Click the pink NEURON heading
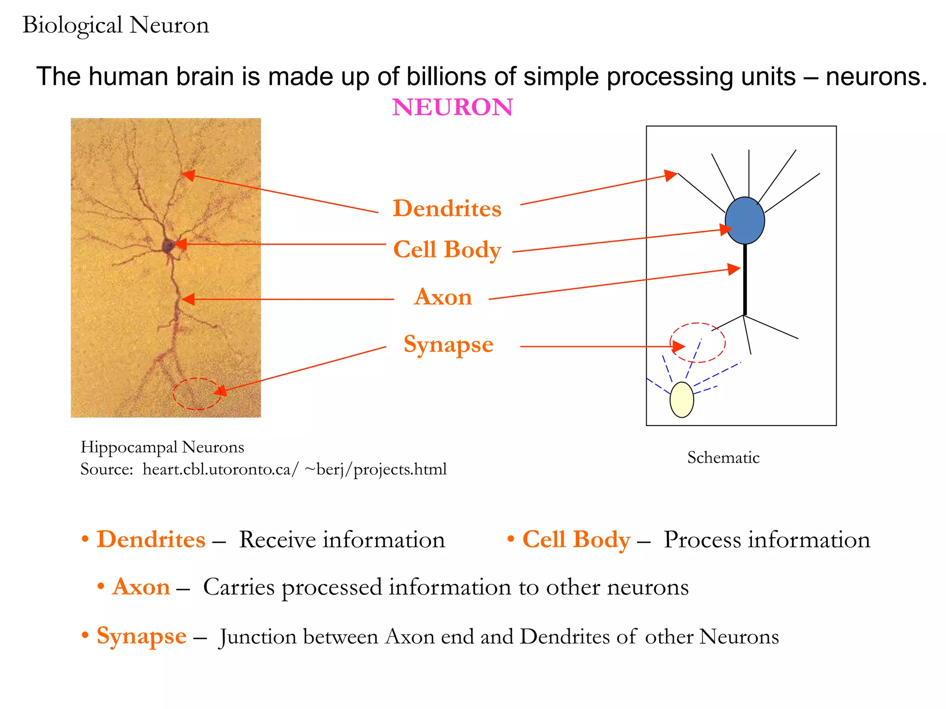[x=452, y=107]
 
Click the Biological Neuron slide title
[x=115, y=25]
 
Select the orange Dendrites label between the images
[x=447, y=208]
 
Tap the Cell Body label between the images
[x=447, y=250]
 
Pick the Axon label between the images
[x=443, y=297]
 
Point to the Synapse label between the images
[x=448, y=344]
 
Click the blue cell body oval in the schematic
[x=745, y=221]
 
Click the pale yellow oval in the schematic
[x=682, y=400]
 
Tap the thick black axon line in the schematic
[x=745, y=282]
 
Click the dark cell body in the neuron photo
[x=168, y=246]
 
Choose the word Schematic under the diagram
[x=723, y=457]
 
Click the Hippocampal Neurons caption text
[x=162, y=447]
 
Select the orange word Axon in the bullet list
[x=141, y=587]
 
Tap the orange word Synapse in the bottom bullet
[x=141, y=636]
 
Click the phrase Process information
[x=766, y=540]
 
